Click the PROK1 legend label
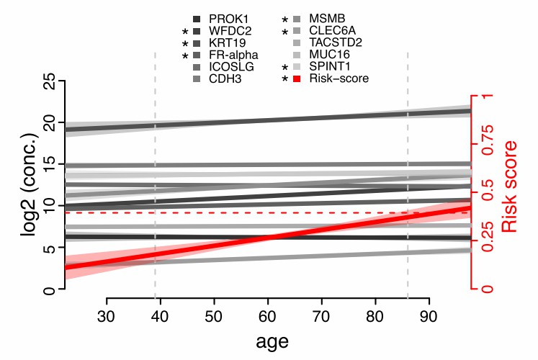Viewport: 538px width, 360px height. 225,17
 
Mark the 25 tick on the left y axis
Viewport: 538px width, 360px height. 48,85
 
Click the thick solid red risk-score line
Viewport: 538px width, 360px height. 268,237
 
